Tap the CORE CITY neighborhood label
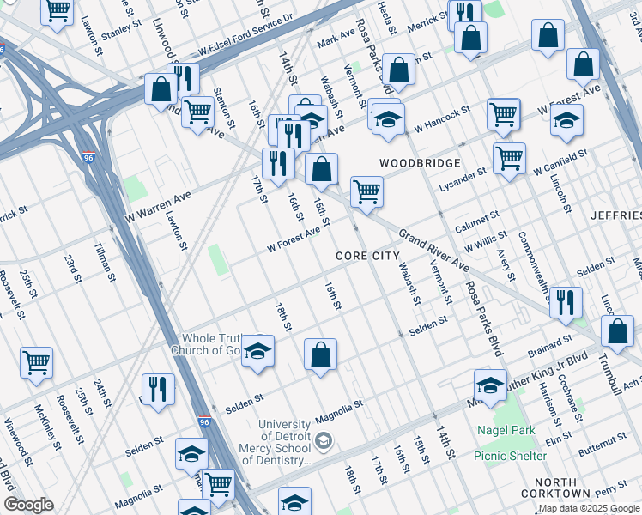point(367,256)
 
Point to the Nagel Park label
point(506,430)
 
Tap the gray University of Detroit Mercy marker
point(324,442)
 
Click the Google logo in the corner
point(28,505)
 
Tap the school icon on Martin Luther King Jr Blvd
point(490,385)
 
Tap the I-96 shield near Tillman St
point(89,158)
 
